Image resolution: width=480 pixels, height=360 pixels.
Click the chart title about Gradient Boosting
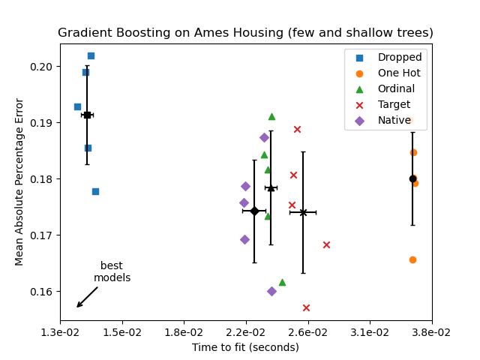coord(245,33)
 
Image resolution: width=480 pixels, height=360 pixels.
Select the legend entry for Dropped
coord(399,57)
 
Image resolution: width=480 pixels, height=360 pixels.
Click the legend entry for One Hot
coord(399,73)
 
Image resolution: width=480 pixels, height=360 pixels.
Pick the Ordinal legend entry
coord(396,88)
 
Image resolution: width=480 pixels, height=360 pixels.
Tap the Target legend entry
coord(394,104)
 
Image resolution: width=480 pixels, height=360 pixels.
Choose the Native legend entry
coord(394,120)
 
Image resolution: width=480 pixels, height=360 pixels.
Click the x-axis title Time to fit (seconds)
coord(245,347)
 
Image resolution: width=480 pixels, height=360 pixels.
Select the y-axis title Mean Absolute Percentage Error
coord(20,181)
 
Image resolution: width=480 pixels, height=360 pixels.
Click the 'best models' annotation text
coord(112,271)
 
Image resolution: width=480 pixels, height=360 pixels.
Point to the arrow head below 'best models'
coord(78,306)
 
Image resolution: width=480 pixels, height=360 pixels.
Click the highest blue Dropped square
coord(91,55)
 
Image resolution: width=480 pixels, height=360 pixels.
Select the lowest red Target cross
coord(306,307)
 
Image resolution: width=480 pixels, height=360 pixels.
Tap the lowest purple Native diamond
coord(271,291)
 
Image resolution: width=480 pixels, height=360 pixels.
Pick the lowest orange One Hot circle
coord(412,259)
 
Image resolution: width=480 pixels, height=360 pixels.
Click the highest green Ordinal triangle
coord(271,116)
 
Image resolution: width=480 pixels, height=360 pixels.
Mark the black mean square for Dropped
coord(87,115)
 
